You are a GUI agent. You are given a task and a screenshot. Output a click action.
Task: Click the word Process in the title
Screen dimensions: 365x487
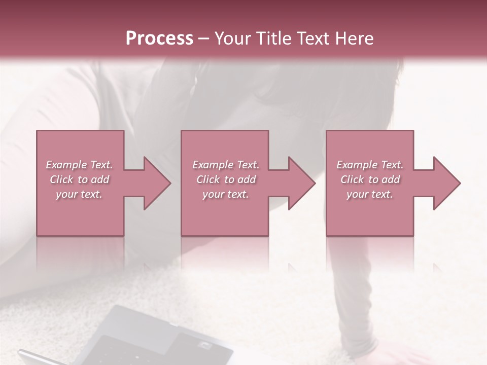(159, 39)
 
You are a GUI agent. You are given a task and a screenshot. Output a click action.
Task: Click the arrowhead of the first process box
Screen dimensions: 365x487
(155, 183)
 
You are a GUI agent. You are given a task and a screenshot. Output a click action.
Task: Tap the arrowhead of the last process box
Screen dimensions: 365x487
(444, 183)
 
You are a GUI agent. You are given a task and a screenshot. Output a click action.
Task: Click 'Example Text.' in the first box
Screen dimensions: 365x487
(79, 165)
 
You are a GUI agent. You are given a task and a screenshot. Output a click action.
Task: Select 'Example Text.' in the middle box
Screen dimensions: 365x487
(226, 165)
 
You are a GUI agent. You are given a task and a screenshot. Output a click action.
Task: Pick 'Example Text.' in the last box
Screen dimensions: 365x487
(370, 165)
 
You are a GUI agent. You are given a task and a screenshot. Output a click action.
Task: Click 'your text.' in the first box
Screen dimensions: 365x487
(79, 194)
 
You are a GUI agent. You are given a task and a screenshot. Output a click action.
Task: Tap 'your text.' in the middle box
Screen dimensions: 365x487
(226, 194)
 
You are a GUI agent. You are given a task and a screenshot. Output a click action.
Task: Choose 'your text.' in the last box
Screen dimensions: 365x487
(370, 194)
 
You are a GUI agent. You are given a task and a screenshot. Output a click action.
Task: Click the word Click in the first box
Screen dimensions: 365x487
(62, 179)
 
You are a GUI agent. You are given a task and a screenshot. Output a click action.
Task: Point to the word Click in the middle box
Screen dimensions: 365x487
(208, 179)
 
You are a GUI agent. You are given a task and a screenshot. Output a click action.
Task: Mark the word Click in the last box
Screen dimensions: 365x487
(353, 179)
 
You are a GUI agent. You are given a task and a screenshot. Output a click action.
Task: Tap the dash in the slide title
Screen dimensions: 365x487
(204, 39)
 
